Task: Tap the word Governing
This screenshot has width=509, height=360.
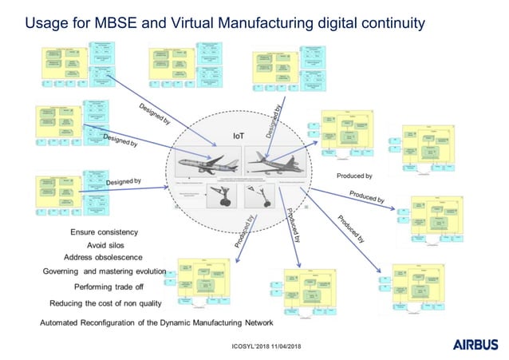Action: (65, 271)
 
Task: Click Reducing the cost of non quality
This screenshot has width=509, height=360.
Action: (105, 303)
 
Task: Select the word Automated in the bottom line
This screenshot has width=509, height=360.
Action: (64, 322)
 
